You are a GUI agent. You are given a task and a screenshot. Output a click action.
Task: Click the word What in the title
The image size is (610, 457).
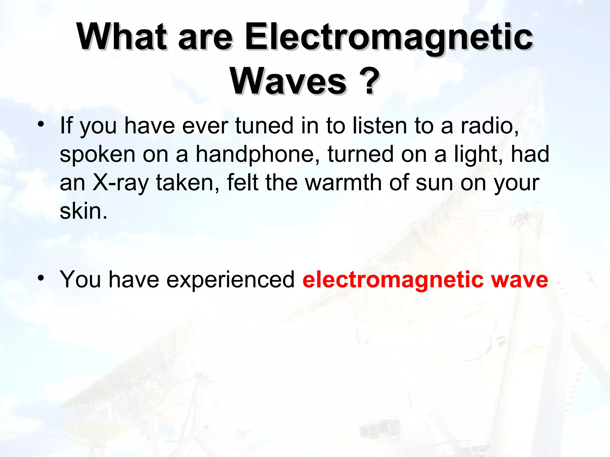point(121,37)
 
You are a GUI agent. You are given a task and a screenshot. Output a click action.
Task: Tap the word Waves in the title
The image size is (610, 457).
point(288,81)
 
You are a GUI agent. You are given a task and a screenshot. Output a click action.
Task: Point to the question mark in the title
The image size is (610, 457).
point(370,81)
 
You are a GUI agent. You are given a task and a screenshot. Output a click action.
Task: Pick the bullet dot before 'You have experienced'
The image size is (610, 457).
point(41,278)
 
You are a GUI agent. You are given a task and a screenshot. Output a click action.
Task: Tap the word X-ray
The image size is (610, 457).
point(121,182)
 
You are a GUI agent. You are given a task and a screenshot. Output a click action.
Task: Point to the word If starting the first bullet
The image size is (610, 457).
point(66,125)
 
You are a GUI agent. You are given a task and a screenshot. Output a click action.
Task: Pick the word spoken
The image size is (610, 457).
point(97,154)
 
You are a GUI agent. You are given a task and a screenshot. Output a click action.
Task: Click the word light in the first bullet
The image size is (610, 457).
point(475,154)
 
